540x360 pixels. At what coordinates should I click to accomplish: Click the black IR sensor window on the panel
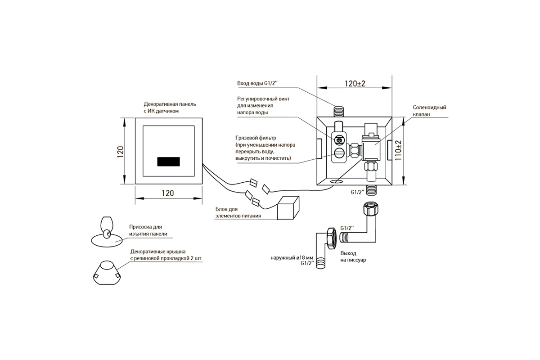coord(168,162)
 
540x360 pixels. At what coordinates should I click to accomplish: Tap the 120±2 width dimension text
coord(355,83)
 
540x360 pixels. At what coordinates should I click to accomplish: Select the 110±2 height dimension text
coord(398,150)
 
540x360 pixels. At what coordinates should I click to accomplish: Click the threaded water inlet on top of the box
coord(339,112)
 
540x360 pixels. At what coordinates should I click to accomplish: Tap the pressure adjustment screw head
coord(339,140)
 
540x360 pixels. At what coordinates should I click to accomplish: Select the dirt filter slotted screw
coord(339,153)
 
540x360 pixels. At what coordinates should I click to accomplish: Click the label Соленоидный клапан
coord(429,111)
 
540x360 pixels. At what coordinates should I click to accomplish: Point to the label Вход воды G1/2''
coord(257,83)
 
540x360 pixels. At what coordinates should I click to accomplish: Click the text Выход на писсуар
coord(353,256)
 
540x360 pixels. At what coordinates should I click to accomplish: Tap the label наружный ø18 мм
coord(292,258)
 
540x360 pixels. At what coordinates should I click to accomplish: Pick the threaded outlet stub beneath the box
coord(371,191)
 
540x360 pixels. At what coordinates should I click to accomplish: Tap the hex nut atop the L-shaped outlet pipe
coord(371,209)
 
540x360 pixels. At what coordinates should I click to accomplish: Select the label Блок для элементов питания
coord(238,212)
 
